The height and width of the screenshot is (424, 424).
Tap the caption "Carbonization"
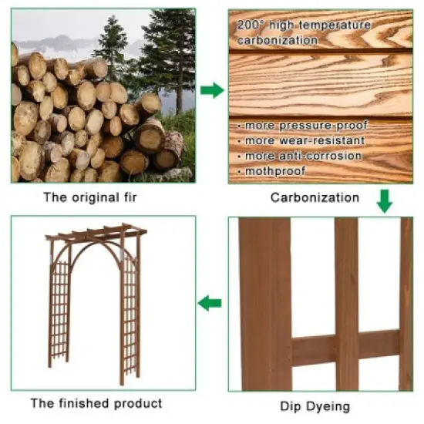click(x=315, y=197)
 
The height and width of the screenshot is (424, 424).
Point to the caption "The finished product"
click(x=96, y=402)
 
